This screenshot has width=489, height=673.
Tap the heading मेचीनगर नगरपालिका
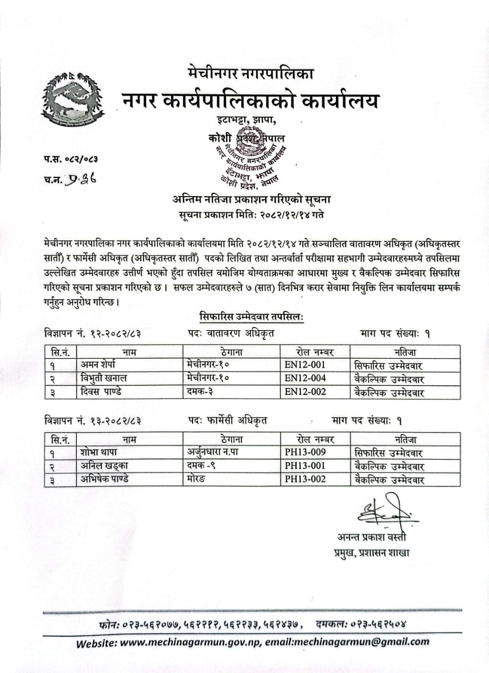(250, 74)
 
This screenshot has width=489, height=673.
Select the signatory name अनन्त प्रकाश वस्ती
(372, 537)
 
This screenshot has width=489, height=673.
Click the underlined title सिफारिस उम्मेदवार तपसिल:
(252, 317)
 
